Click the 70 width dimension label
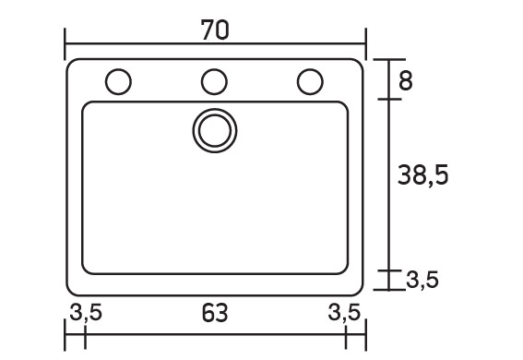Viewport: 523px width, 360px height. point(215,30)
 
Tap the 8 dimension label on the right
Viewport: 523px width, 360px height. point(406,80)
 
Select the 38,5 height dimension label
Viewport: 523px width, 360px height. point(423,174)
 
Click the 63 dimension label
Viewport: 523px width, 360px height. point(215,313)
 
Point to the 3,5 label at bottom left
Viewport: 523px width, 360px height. point(86,313)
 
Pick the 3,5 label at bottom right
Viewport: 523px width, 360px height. point(344,313)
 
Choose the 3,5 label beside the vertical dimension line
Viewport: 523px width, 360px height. point(422,280)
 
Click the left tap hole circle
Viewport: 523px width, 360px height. point(118,82)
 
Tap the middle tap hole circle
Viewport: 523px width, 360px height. point(215,82)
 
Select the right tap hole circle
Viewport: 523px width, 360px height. point(310,82)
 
